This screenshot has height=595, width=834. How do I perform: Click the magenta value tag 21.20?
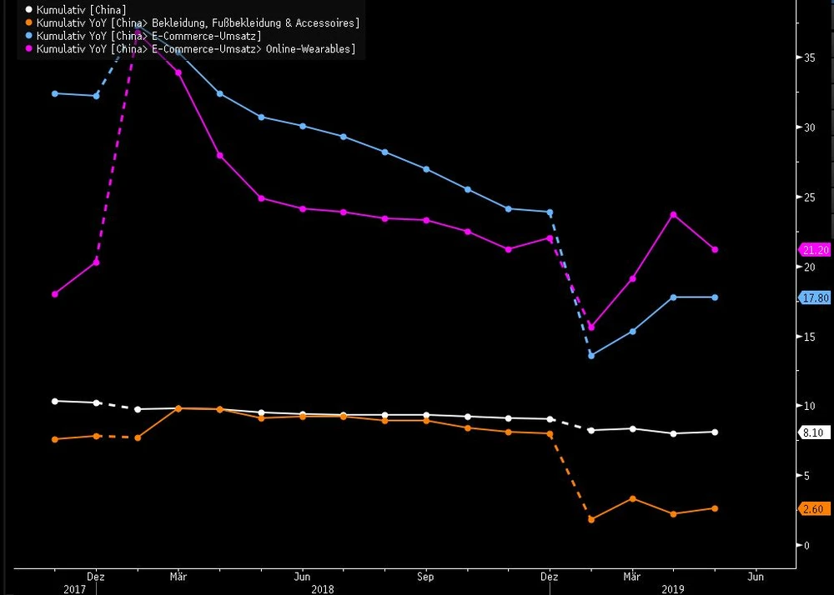[815, 250]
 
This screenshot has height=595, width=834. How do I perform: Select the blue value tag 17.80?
[815, 297]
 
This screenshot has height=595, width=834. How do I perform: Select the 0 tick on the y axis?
[806, 546]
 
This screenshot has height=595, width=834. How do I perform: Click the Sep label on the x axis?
[425, 576]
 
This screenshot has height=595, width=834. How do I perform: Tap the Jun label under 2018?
[302, 576]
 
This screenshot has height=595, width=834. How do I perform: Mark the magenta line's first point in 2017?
[55, 294]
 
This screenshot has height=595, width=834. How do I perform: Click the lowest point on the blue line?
[591, 356]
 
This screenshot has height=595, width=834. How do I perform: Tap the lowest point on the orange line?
[591, 519]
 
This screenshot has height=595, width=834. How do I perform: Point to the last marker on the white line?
[715, 432]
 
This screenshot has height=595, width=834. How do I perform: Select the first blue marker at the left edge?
[55, 93]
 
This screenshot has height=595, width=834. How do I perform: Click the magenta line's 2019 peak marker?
[673, 215]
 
